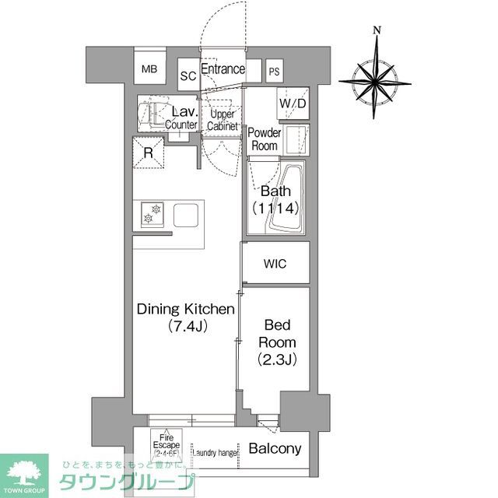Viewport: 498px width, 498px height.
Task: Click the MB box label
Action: pos(149,69)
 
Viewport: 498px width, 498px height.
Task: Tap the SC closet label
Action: pos(188,75)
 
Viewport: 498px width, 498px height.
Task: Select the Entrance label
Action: pos(223,69)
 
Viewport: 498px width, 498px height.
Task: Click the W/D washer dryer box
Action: pos(293,103)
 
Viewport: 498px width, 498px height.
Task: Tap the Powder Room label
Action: pos(264,139)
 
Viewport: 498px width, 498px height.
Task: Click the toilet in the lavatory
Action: pos(151,114)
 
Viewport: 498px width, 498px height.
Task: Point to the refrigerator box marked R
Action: pos(149,152)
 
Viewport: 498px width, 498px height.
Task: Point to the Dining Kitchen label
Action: pos(185,317)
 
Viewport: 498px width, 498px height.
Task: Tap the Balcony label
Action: pos(275,449)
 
